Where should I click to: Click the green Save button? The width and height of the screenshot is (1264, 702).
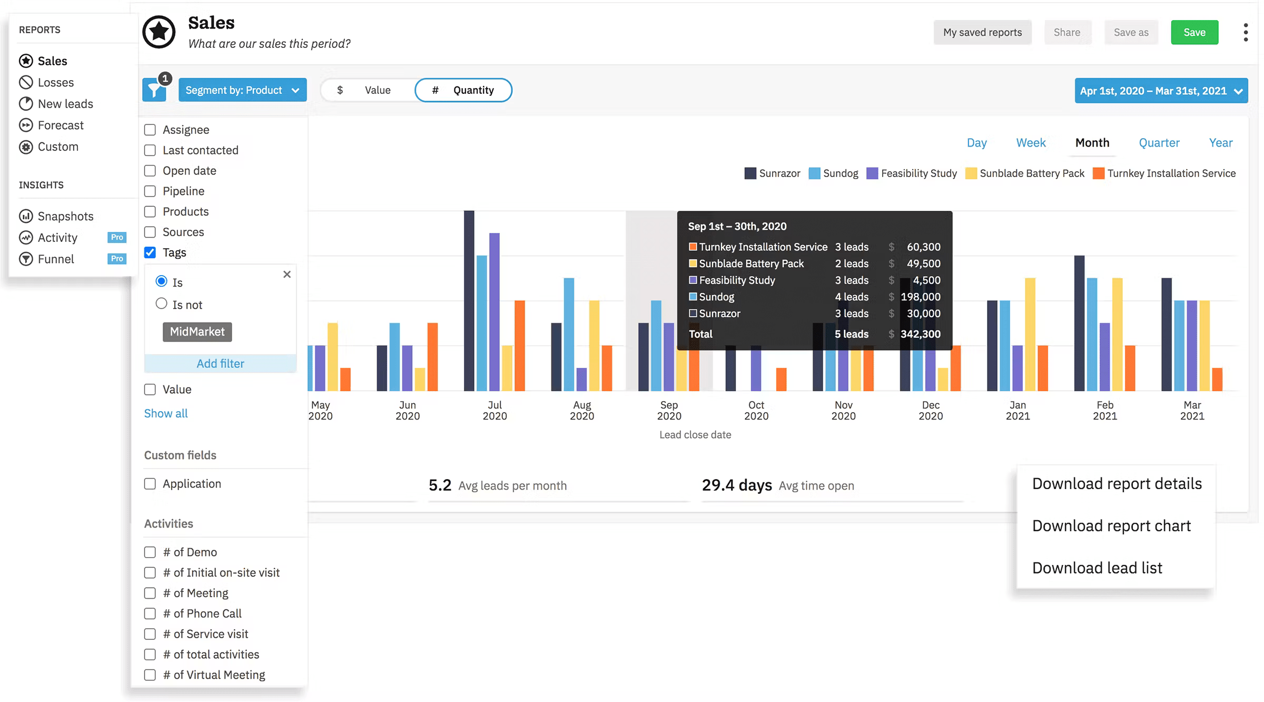pos(1194,32)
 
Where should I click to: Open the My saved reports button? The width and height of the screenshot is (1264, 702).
pos(982,32)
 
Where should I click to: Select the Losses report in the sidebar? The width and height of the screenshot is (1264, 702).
pos(55,82)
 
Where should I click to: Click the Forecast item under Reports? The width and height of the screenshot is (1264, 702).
pos(60,125)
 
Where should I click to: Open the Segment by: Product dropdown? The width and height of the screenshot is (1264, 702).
pos(242,90)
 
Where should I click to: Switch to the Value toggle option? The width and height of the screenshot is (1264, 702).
pos(369,90)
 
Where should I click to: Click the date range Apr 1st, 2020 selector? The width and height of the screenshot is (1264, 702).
pos(1161,91)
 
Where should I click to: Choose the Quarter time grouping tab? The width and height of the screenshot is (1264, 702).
pos(1159,143)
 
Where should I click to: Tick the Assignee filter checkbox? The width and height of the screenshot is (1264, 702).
pos(150,130)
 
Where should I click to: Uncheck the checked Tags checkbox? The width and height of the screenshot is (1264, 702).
pos(150,252)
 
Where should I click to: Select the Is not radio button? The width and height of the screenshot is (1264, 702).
pos(162,304)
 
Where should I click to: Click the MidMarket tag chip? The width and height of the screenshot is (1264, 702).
pos(197,331)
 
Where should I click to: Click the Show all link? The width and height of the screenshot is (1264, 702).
pos(166,413)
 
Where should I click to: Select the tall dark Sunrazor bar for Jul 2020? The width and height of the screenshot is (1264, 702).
pos(469,300)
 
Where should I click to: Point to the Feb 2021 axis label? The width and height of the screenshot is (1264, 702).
pos(1104,410)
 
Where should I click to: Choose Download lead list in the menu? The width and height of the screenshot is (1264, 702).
pos(1097,568)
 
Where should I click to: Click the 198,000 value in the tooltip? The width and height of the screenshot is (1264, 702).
pos(920,297)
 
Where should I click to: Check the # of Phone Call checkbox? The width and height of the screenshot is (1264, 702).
pos(150,613)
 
